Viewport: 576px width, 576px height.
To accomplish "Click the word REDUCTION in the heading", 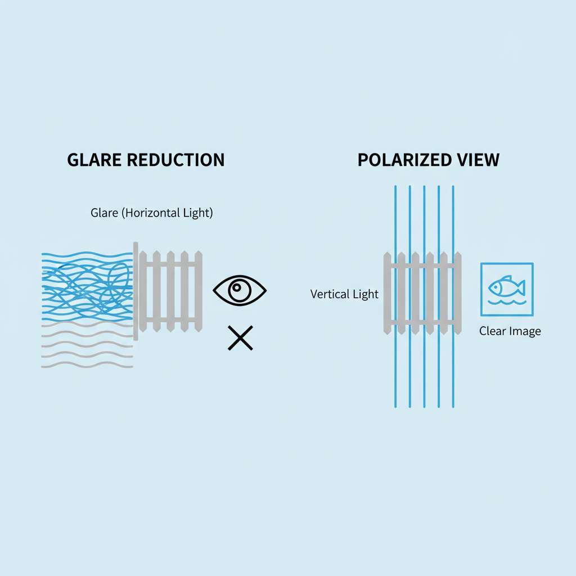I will click(x=175, y=160).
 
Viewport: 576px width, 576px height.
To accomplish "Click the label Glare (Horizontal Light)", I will click(x=152, y=214).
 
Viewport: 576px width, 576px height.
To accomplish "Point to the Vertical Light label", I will click(x=344, y=294).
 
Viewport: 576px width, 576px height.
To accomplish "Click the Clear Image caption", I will click(x=510, y=331).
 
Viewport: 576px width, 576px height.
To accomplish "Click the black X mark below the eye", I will click(x=240, y=338).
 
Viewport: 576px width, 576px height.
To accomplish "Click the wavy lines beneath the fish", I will click(x=506, y=303).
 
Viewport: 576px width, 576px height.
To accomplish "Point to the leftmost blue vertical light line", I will click(x=395, y=225).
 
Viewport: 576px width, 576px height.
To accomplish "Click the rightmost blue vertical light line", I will click(x=453, y=225).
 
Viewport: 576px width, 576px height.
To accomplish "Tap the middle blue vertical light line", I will click(x=424, y=225).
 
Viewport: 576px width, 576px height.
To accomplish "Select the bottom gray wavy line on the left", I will click(x=87, y=366).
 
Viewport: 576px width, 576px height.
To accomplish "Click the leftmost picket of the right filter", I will click(x=387, y=292).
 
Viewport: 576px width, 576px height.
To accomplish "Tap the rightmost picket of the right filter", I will click(x=458, y=292).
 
